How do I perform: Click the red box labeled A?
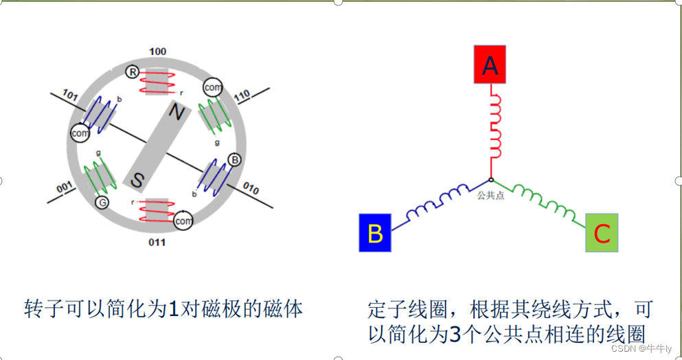pos(490,64)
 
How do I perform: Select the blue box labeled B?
pos(375,233)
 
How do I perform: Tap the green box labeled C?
pos(602,232)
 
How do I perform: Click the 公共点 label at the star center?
pos(491,195)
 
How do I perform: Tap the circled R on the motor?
pos(132,72)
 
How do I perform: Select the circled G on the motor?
pos(102,203)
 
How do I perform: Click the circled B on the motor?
pos(235,160)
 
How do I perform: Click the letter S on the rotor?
pos(137,180)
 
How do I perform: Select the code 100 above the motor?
pos(157,52)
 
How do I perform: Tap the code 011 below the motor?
pos(157,243)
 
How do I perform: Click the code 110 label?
pos(242,95)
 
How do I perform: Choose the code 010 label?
pos(251,187)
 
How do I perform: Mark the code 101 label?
pos(70,93)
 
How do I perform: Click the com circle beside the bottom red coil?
pos(183,221)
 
